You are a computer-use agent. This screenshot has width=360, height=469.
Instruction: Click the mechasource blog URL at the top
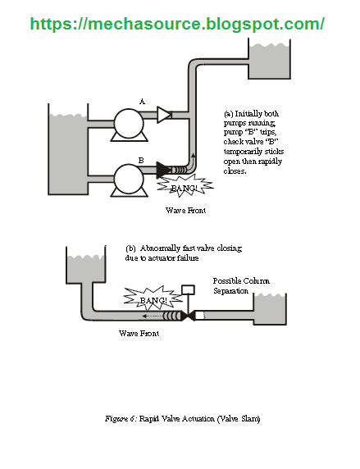tap(177, 24)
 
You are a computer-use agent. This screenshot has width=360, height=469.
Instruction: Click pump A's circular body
tap(128, 123)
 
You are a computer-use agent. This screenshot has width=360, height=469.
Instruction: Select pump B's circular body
tap(130, 178)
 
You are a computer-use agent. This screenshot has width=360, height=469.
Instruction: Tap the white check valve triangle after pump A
tap(164, 115)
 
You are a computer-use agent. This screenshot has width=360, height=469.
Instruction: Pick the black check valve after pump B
tap(164, 170)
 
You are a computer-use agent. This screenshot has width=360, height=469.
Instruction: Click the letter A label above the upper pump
tap(141, 101)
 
